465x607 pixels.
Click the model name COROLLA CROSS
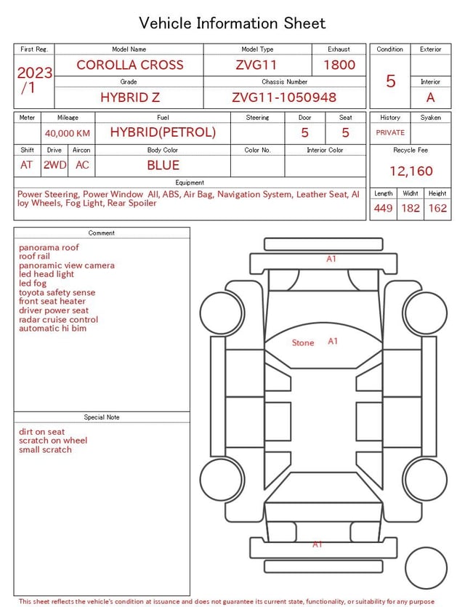(130, 65)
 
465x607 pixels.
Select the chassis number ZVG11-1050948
(284, 97)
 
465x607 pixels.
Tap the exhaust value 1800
(339, 65)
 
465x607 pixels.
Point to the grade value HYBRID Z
(130, 97)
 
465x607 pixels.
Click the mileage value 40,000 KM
(68, 133)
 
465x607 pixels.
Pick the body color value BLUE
(163, 165)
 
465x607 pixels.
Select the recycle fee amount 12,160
(411, 171)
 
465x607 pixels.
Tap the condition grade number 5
(391, 81)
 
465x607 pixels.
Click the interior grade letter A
(431, 97)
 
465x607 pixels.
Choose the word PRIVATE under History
(390, 132)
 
